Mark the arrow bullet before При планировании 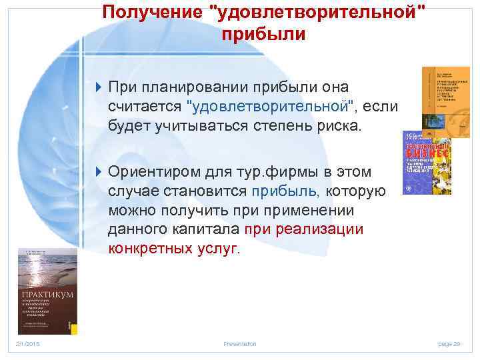point(99,88)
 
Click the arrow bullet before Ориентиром point(99,173)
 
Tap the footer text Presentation point(240,343)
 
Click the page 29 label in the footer point(449,343)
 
